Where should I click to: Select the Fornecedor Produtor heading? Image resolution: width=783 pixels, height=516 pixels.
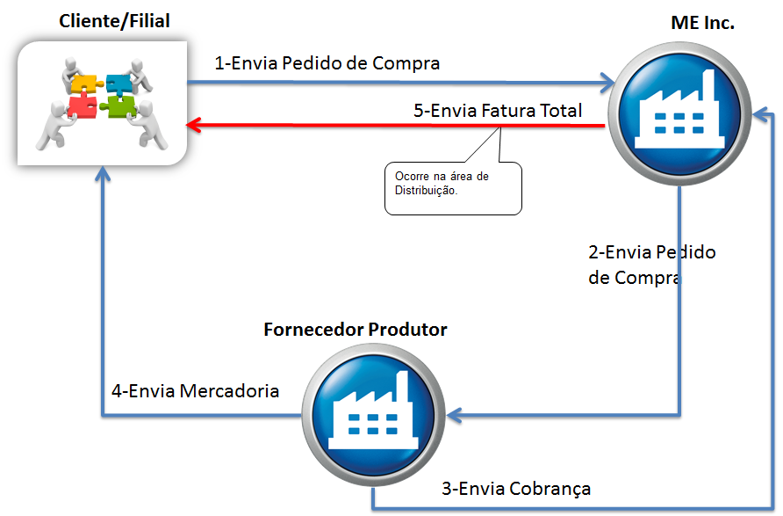tap(356, 330)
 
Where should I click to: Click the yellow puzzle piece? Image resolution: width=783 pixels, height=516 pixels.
tap(84, 84)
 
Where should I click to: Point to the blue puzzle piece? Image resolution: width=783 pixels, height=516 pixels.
tap(118, 84)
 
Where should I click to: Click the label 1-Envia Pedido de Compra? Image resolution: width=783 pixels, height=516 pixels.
tap(327, 63)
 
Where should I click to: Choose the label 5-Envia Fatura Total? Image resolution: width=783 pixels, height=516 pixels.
tap(498, 111)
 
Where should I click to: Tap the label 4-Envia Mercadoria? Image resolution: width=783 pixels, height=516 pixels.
tap(195, 390)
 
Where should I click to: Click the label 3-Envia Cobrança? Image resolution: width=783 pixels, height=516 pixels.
tap(515, 489)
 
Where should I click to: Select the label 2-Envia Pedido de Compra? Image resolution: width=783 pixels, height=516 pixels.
tap(651, 265)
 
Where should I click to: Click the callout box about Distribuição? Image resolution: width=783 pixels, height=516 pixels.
tap(453, 187)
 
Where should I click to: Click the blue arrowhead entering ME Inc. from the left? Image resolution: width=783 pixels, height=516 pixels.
tap(606, 84)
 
